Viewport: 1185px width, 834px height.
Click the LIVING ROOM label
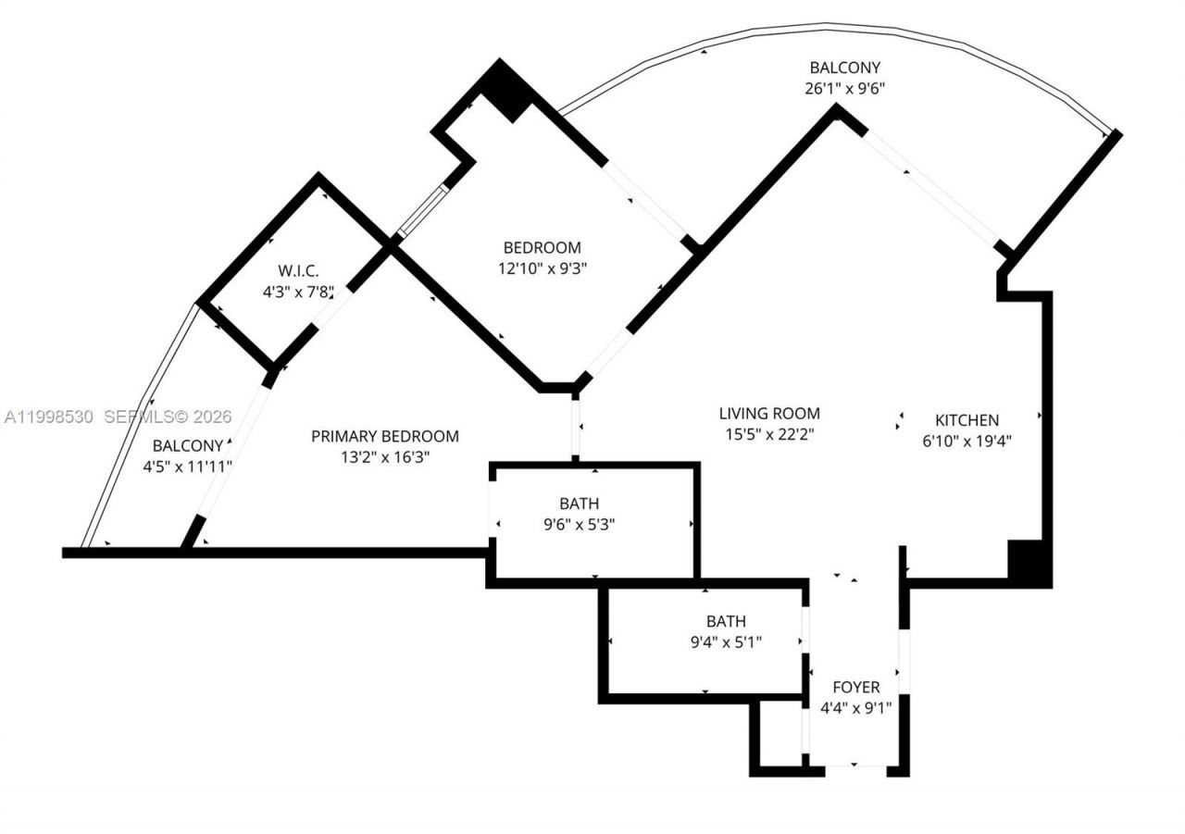pyautogui.click(x=769, y=414)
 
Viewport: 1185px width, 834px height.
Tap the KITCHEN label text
pyautogui.click(x=967, y=420)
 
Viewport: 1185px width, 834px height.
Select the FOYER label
pyautogui.click(x=855, y=688)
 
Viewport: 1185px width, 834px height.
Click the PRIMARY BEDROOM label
pyautogui.click(x=384, y=437)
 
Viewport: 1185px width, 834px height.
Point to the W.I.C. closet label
pyautogui.click(x=298, y=271)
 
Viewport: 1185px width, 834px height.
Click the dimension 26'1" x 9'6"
pyautogui.click(x=844, y=89)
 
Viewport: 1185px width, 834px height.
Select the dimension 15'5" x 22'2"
pyautogui.click(x=769, y=434)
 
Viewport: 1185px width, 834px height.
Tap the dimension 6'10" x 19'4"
pyautogui.click(x=967, y=442)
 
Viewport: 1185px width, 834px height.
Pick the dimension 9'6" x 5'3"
pyautogui.click(x=579, y=524)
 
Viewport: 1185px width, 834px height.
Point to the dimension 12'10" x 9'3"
pyautogui.click(x=542, y=268)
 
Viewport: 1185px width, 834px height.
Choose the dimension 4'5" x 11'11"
pyautogui.click(x=187, y=467)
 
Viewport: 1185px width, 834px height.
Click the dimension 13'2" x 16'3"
pyautogui.click(x=384, y=457)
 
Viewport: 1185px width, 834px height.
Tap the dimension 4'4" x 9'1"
pyautogui.click(x=855, y=709)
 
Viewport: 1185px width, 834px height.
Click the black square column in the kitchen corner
pyautogui.click(x=1028, y=561)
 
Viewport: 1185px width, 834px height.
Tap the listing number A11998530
pyautogui.click(x=49, y=417)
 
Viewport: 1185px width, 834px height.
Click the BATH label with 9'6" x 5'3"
pyautogui.click(x=579, y=504)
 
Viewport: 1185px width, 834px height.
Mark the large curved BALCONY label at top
pyautogui.click(x=844, y=68)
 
